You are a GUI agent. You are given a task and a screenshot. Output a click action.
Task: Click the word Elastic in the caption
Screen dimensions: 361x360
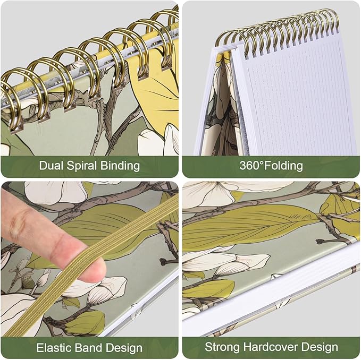tap(54, 348)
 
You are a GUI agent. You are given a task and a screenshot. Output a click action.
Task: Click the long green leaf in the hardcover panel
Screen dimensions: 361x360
tap(249, 225)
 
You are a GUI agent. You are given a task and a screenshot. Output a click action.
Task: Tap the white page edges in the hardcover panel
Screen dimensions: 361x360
tap(272, 287)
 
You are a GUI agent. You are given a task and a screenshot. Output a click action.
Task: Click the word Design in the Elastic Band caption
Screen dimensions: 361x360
tap(124, 348)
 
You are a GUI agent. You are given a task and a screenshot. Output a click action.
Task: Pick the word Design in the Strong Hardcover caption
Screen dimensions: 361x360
tap(320, 347)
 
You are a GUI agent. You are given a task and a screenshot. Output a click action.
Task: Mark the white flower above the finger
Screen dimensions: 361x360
tap(55, 193)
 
